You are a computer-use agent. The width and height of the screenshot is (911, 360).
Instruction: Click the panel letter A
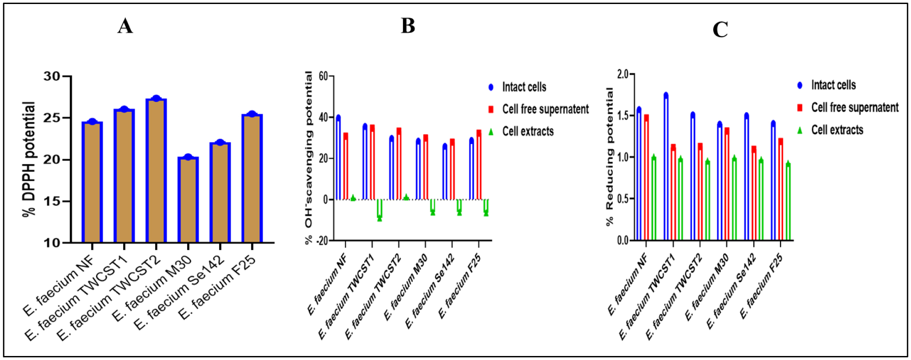tap(125, 26)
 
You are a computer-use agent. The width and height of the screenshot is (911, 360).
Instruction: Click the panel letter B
tap(408, 26)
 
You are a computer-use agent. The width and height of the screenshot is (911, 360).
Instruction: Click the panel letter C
tap(720, 30)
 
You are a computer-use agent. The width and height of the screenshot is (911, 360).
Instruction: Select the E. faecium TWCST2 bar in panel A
tap(156, 171)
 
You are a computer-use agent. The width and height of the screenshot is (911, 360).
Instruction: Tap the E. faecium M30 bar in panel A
tap(188, 200)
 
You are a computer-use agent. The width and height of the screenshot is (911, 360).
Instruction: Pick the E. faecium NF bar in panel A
tap(92, 182)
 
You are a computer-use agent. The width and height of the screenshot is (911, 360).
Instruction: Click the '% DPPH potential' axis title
tap(29, 160)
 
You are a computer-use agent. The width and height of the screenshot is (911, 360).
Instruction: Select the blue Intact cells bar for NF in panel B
tap(338, 158)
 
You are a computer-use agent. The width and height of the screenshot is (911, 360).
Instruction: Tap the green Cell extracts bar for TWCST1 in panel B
tap(380, 208)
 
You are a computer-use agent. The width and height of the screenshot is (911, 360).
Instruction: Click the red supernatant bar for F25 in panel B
tap(479, 165)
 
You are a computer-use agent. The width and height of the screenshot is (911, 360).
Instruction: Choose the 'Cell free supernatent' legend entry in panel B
tap(545, 109)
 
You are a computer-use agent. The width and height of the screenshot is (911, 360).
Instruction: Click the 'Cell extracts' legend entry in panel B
tap(527, 131)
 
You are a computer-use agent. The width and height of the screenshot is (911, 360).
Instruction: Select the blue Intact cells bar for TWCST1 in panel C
tap(666, 167)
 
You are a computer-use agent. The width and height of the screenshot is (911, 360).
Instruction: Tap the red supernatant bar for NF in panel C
tap(646, 178)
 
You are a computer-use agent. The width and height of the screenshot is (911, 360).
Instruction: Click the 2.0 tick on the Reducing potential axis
tap(622, 74)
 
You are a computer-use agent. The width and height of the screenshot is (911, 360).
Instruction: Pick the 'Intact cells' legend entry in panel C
tap(833, 85)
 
